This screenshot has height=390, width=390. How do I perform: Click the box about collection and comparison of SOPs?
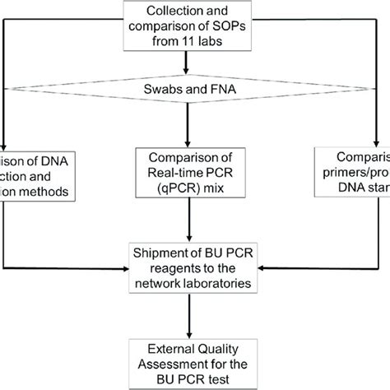click(196, 27)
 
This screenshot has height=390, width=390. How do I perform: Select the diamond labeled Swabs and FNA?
click(195, 86)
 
